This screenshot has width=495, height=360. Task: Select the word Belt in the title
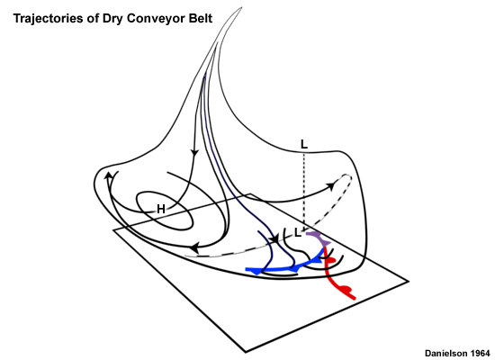201,18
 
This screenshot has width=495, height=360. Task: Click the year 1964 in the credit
481,353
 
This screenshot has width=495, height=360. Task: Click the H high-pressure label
161,209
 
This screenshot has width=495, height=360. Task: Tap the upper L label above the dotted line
303,145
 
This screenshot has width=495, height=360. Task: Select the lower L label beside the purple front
297,233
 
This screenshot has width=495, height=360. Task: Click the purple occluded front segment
319,238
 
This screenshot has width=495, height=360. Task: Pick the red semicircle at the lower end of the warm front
346,288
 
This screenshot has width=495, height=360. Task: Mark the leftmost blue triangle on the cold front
257,272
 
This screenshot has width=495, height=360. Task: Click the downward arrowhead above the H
194,153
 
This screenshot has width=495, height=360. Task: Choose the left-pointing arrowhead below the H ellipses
195,247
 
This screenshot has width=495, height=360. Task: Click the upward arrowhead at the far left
108,175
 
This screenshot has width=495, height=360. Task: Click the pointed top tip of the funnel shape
242,7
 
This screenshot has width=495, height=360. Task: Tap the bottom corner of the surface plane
246,352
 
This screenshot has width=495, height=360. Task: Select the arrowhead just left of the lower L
275,238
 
